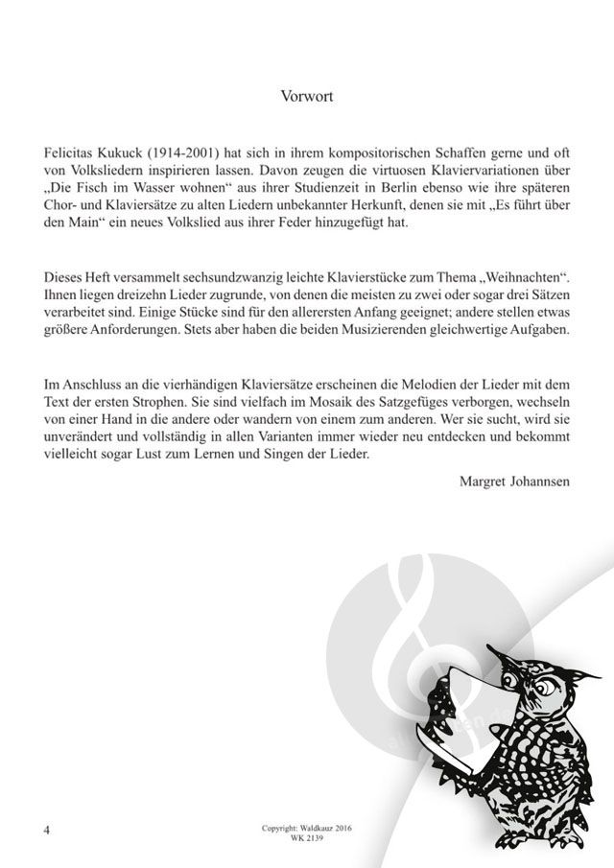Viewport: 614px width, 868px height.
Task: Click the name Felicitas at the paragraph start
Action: (x=69, y=152)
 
